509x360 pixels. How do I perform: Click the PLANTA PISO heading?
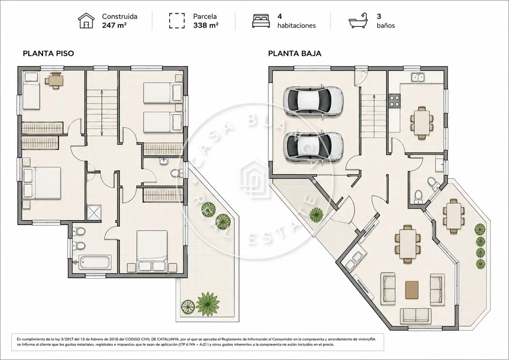pyautogui.click(x=48, y=54)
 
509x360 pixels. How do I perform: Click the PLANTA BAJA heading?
pyautogui.click(x=295, y=54)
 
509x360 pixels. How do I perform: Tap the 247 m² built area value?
pyautogui.click(x=114, y=25)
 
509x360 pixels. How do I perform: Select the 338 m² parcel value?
pyautogui.click(x=206, y=25)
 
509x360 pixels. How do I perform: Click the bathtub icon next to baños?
pyautogui.click(x=358, y=20)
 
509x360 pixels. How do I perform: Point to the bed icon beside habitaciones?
pyautogui.click(x=261, y=21)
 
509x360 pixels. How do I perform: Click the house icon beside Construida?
pyautogui.click(x=86, y=20)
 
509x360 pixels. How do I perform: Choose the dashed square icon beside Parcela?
pyautogui.click(x=177, y=21)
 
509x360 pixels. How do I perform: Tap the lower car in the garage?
pyautogui.click(x=313, y=146)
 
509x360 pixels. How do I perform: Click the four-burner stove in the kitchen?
pyautogui.click(x=395, y=101)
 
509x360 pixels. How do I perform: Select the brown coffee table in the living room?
pyautogui.click(x=412, y=290)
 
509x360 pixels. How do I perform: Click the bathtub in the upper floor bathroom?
pyautogui.click(x=95, y=262)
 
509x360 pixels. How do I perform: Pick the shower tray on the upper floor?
pyautogui.click(x=94, y=213)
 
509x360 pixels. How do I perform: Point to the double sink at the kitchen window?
pyautogui.click(x=418, y=77)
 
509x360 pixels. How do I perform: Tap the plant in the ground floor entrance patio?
pyautogui.click(x=316, y=214)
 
